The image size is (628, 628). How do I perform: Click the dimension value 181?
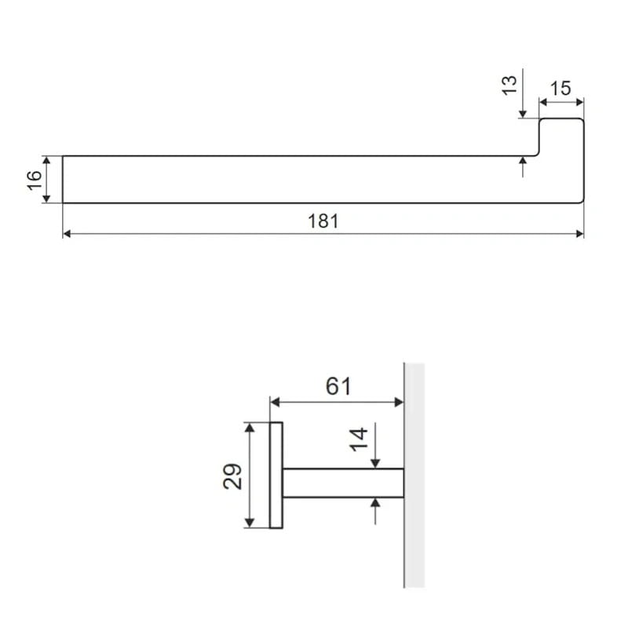(323, 221)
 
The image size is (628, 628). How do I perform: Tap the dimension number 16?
(35, 181)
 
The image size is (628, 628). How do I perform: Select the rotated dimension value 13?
(509, 86)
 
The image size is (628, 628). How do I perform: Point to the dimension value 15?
(560, 89)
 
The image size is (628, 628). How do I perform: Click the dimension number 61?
(338, 386)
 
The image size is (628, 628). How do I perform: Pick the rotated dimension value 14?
(359, 440)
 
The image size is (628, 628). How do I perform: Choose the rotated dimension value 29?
(232, 476)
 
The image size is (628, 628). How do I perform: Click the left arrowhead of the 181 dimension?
(67, 233)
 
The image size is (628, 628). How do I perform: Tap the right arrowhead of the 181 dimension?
(579, 233)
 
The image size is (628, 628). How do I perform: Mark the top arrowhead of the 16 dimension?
(46, 160)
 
